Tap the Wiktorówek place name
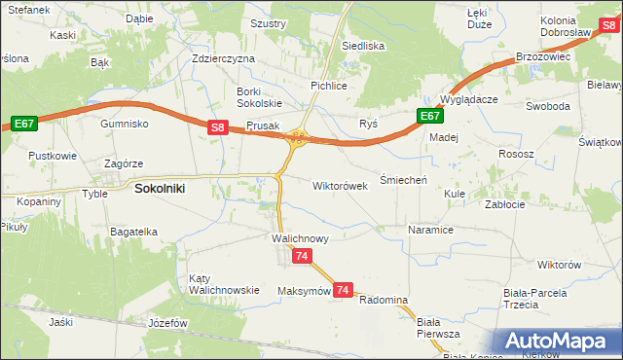click(x=340, y=185)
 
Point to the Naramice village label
click(x=431, y=231)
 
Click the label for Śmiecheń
click(x=402, y=179)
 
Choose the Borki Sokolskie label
click(x=259, y=97)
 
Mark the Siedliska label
click(x=363, y=46)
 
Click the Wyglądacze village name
click(x=469, y=100)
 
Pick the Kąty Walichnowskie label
click(x=224, y=283)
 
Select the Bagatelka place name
click(x=133, y=232)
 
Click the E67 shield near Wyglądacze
click(x=431, y=116)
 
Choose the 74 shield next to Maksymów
click(x=342, y=290)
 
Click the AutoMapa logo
click(x=559, y=341)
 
